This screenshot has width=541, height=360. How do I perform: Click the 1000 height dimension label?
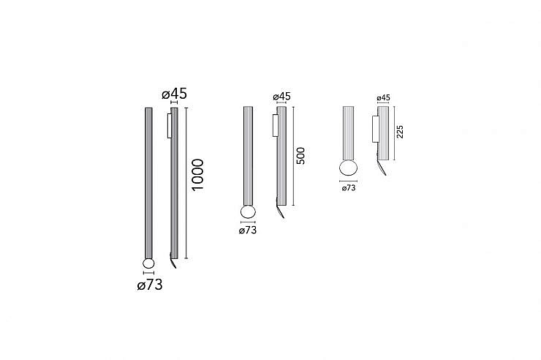198,175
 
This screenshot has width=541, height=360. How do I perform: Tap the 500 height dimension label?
301,156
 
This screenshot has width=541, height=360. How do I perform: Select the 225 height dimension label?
400,132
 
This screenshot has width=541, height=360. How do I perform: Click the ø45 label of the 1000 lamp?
174,94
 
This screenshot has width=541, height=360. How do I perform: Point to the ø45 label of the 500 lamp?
282,97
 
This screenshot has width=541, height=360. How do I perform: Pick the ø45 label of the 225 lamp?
383,98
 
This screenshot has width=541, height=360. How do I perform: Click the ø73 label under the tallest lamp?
150,285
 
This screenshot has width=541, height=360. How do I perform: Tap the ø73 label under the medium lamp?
248,230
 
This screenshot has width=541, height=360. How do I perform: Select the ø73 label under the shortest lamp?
349,188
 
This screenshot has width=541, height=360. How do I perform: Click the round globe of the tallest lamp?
148,264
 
